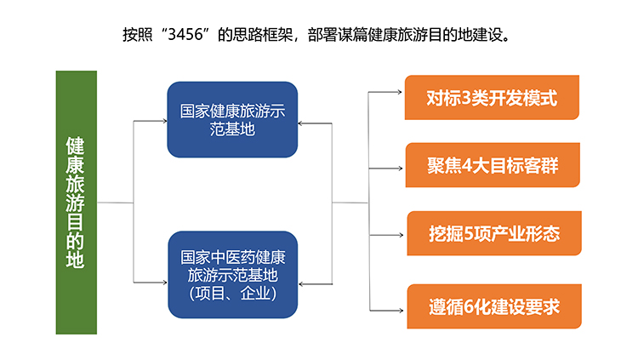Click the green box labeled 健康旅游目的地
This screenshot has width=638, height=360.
point(76,203)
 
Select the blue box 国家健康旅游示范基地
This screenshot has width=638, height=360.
point(232,119)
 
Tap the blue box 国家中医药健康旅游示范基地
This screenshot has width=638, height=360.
point(233,275)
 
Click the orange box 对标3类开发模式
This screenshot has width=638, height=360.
point(492,97)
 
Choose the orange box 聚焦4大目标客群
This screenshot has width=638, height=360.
point(493,165)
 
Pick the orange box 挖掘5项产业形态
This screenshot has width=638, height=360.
point(494,233)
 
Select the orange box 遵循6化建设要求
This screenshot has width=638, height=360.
point(494,306)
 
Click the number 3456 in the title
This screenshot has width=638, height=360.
point(185,35)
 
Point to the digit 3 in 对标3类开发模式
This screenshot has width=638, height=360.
point(466,98)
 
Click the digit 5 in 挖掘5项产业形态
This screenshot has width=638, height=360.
point(469,234)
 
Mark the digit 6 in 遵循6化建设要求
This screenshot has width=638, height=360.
point(469,307)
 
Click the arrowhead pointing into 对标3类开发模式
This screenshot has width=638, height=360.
point(400,92)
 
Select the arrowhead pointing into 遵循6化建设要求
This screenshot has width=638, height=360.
point(401,311)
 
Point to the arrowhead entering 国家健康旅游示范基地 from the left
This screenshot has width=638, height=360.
point(164,121)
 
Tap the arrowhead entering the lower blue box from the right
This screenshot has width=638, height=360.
point(301,284)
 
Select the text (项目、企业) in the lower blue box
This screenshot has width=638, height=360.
point(233,294)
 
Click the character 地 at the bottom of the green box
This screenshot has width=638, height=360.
point(75,259)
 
